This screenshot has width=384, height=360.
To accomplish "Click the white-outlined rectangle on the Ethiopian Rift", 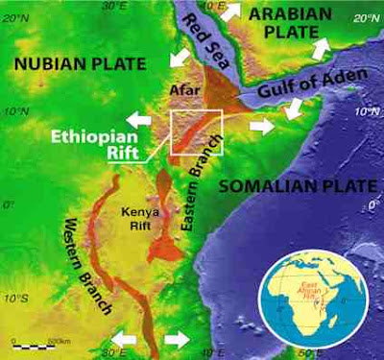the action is (x=195, y=132).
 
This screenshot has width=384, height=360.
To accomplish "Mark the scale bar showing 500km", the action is (x=36, y=341).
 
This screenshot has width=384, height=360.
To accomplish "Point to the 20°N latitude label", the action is (x=365, y=19).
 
